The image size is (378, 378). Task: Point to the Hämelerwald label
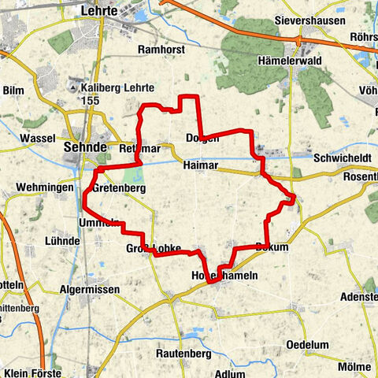pyautogui.click(x=288, y=60)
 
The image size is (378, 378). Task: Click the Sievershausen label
pyautogui.click(x=309, y=20)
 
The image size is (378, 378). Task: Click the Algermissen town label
pyautogui.click(x=90, y=289)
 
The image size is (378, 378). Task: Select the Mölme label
pyautogui.click(x=354, y=367)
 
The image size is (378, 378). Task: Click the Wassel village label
pyautogui.click(x=37, y=137)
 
